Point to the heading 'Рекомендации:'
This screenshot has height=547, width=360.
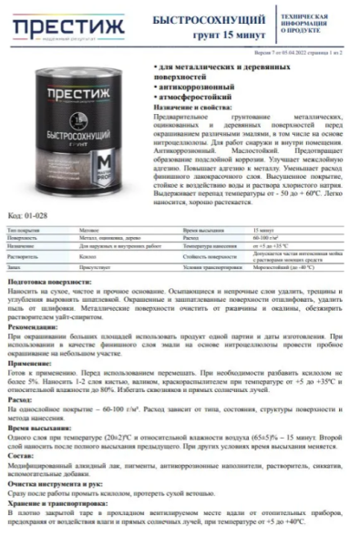(x=33, y=325)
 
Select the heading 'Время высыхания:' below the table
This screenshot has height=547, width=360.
(x=38, y=428)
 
